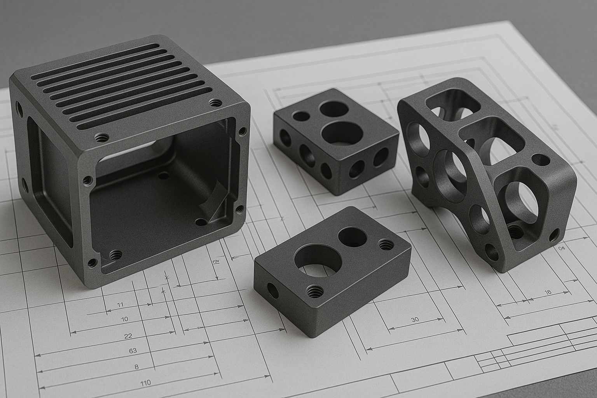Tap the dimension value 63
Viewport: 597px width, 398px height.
133,350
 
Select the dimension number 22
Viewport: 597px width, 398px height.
128,336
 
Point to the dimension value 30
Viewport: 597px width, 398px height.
415,319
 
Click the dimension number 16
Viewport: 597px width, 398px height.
548,292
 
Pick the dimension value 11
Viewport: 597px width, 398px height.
120,304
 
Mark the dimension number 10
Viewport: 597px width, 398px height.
124,319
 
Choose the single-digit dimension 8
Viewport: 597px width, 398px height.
136,367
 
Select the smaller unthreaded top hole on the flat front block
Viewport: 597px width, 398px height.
352,237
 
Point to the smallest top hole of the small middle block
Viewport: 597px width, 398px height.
300,115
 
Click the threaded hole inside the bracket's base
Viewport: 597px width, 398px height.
514,232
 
